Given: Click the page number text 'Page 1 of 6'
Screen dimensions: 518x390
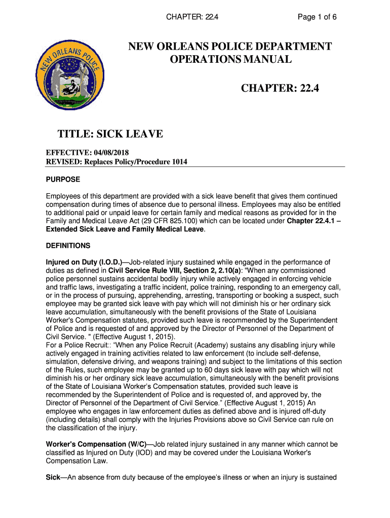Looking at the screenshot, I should pyautogui.click(x=317, y=17).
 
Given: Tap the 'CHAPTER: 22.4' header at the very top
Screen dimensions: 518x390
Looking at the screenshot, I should pyautogui.click(x=192, y=17).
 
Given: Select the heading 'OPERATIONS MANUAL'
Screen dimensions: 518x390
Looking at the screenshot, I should pyautogui.click(x=230, y=60).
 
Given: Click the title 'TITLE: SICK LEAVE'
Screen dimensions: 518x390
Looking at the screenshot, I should pyautogui.click(x=110, y=134).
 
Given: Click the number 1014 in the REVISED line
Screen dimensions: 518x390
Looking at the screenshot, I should pyautogui.click(x=178, y=162).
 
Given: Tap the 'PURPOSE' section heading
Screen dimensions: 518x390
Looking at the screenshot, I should pyautogui.click(x=63, y=180).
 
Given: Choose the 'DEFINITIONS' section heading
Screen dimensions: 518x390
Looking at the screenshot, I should pyautogui.click(x=68, y=246).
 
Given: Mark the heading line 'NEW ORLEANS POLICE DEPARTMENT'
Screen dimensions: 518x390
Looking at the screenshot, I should pyautogui.click(x=230, y=47).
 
